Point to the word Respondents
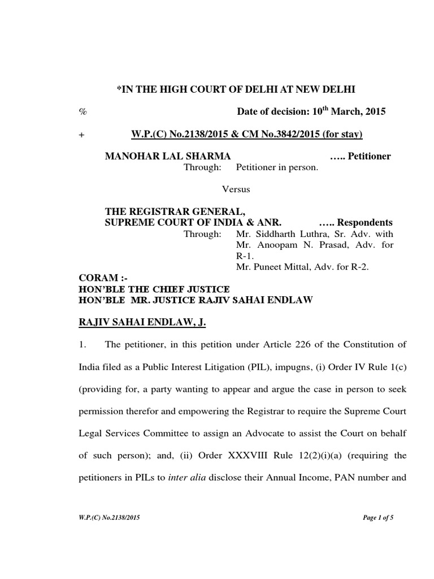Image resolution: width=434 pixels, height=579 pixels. (x=365, y=222)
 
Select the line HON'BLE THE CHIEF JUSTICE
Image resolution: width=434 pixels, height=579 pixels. (x=153, y=289)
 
